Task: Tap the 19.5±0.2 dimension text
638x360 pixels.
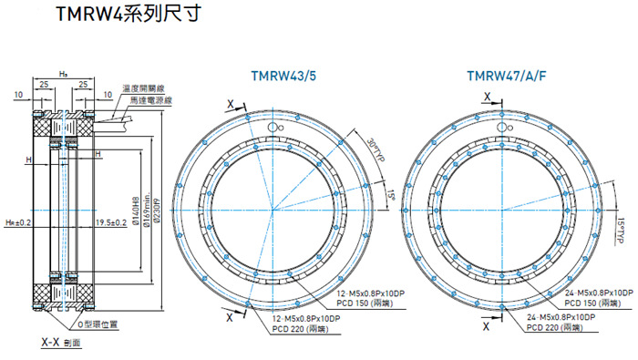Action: click(110, 221)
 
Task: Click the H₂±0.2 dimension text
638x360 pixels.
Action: click(19, 221)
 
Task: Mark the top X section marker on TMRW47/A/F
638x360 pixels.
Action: click(488, 95)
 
